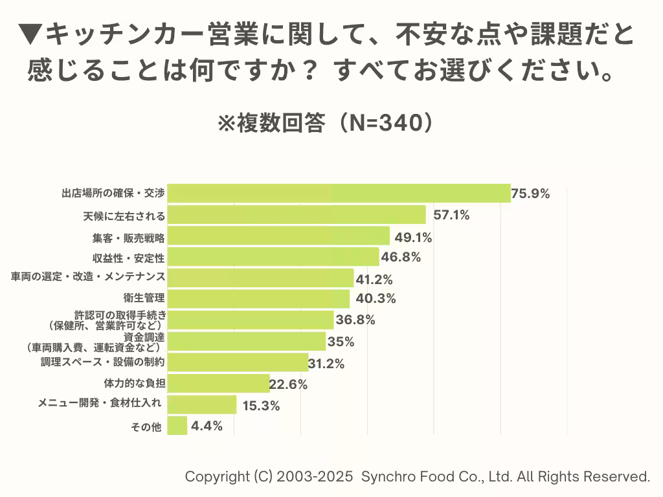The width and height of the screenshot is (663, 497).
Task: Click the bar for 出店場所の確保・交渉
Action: (339, 193)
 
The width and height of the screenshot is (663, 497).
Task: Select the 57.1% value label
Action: (451, 215)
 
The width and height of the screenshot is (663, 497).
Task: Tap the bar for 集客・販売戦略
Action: (278, 236)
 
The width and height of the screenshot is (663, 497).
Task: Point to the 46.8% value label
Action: (401, 257)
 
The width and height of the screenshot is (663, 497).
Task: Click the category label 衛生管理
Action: (146, 298)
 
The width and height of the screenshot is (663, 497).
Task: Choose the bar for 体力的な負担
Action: (218, 383)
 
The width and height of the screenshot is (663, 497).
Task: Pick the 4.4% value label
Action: (207, 426)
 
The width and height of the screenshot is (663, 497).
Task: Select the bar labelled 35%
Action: (246, 341)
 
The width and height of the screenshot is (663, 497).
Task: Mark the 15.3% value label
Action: (261, 406)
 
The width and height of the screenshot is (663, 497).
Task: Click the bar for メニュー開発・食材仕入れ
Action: (202, 404)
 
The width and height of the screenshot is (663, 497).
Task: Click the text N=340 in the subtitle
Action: (377, 123)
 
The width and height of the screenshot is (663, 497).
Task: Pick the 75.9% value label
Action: (531, 193)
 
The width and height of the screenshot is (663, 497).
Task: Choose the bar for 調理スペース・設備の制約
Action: (238, 362)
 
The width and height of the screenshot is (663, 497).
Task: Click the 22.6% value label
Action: (288, 384)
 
